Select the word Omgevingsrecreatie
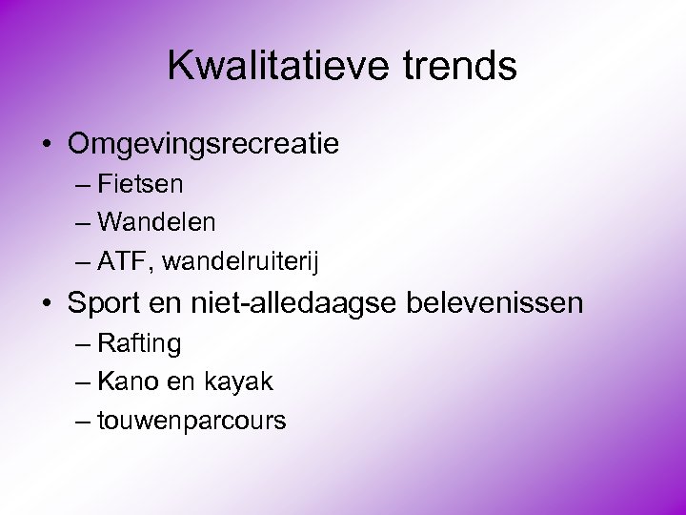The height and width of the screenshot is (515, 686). [x=203, y=145]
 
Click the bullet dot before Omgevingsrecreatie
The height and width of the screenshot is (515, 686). [x=47, y=146]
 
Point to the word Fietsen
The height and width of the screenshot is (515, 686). [x=140, y=183]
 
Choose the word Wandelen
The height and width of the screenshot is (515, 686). [x=156, y=222]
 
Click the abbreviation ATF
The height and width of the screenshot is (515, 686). [x=121, y=261]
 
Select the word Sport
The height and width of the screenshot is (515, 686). [x=104, y=304]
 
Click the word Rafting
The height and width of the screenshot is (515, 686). [x=139, y=343]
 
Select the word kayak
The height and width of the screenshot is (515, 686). [x=238, y=382]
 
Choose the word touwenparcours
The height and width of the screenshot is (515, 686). [x=192, y=422]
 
